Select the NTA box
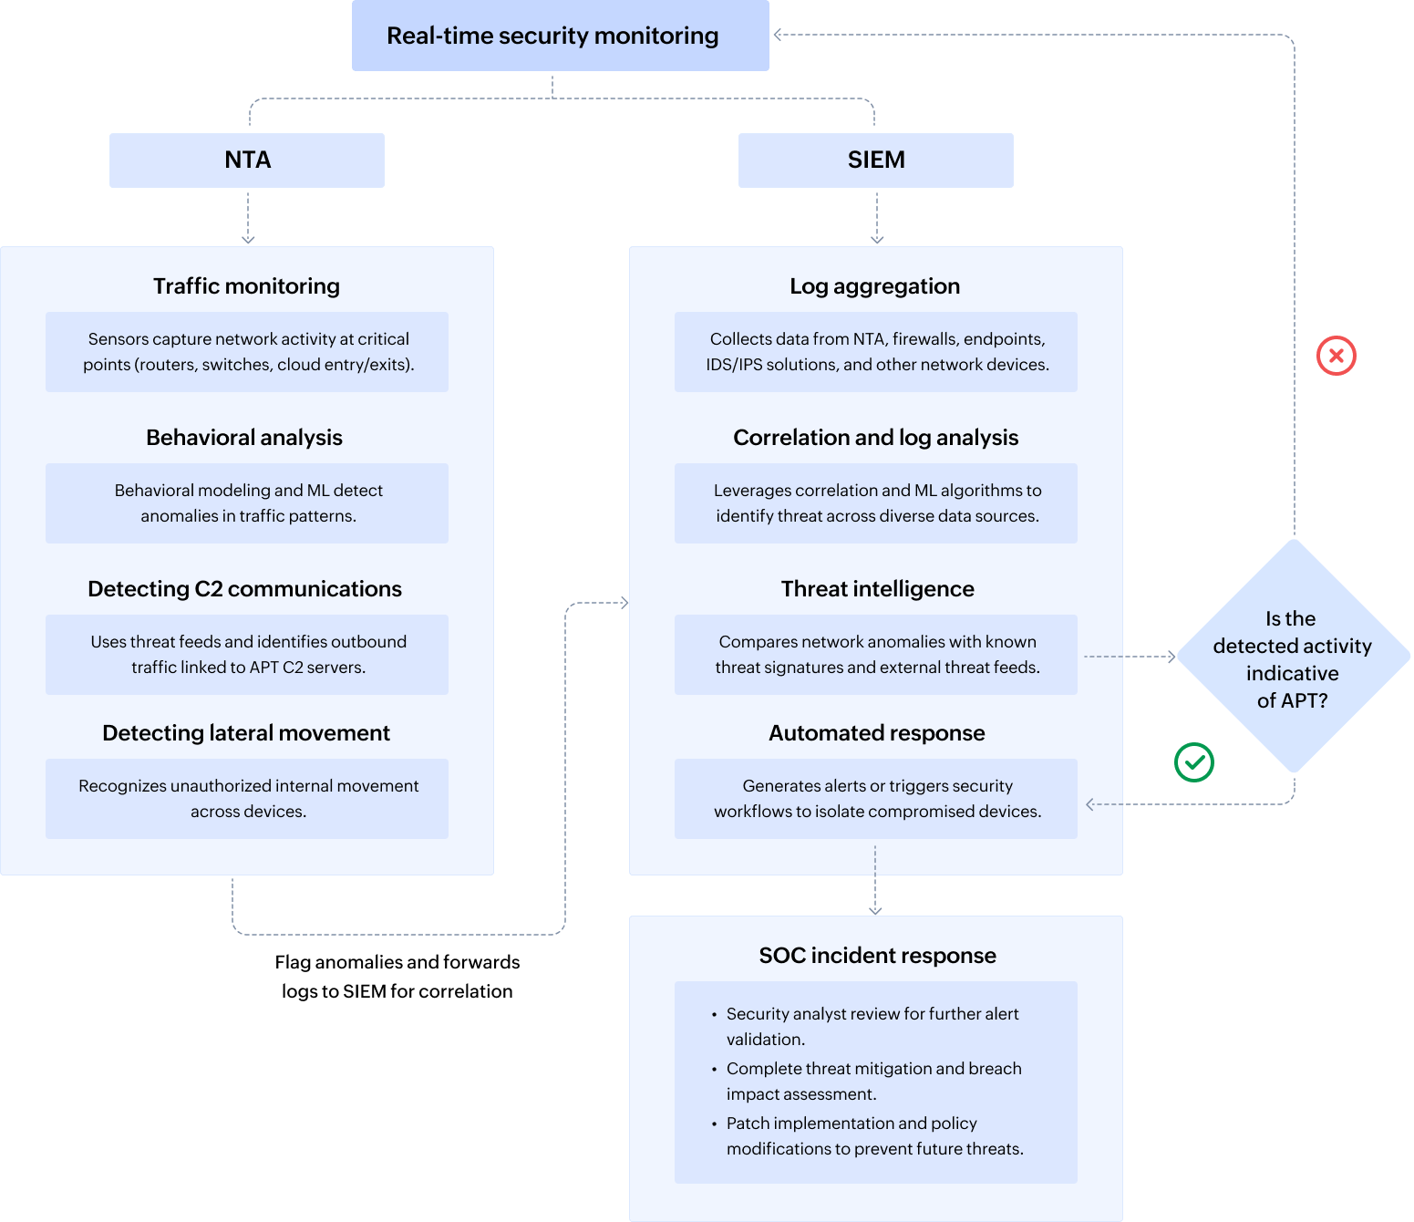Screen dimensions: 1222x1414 coord(247,161)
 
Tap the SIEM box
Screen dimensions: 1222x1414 coord(875,161)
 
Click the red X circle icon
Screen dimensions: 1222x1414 coord(1336,356)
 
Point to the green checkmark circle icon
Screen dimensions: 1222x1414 coord(1193,762)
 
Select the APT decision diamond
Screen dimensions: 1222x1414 coord(1293,657)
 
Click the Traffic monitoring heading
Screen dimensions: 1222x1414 coord(246,286)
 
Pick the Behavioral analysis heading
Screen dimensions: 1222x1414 coord(244,438)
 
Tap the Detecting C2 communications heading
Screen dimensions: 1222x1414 coord(244,589)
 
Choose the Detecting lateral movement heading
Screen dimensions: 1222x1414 coord(246,733)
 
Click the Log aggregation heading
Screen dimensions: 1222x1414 coord(874,286)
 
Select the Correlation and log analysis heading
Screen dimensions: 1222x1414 coord(875,438)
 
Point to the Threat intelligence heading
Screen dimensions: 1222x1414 coord(877,589)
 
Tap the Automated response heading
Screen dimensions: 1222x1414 coord(876,733)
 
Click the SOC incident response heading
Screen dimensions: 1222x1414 coord(877,956)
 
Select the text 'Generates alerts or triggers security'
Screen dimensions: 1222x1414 coord(877,786)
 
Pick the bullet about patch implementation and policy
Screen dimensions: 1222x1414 coord(873,1136)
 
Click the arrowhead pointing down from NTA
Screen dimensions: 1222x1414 coord(248,240)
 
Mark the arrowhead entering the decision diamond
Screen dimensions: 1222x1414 coord(1172,657)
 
